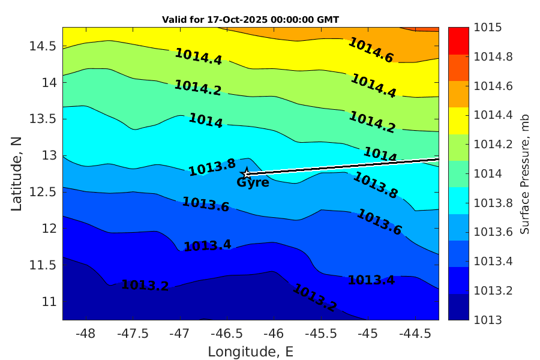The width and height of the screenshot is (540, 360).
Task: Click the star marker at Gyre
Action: (x=245, y=173)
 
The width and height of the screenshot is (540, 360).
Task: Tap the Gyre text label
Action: (x=253, y=183)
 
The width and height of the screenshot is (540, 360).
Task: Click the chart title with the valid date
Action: (x=251, y=20)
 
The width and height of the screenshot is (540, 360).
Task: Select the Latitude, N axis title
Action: (x=16, y=173)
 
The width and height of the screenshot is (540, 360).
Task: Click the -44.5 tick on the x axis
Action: (x=415, y=333)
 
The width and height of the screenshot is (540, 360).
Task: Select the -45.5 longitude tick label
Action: (x=321, y=333)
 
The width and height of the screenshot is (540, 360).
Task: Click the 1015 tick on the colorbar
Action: (x=488, y=28)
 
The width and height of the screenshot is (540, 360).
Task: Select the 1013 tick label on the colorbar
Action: (x=488, y=320)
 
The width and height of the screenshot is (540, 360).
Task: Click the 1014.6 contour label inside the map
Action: (x=371, y=50)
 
